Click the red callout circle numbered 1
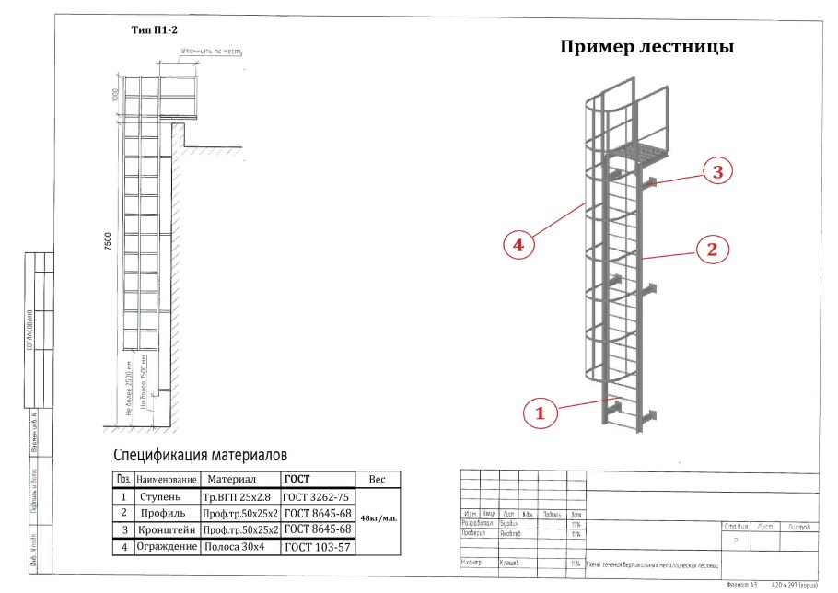541,413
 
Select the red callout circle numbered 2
712,248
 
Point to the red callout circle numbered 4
519,245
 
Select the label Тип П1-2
154,29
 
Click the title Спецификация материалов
201,455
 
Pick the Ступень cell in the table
166,495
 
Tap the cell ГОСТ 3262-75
318,495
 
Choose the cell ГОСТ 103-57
318,547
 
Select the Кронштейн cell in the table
166,529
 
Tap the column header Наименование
166,480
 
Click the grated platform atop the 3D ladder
642,151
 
